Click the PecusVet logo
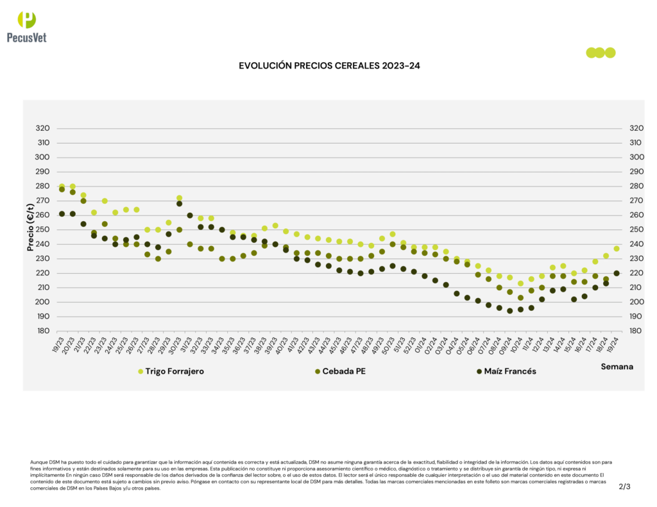click(26, 26)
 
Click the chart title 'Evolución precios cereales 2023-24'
click(328, 65)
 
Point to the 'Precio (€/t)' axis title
click(30, 229)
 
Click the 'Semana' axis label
click(617, 367)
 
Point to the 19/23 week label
click(57, 344)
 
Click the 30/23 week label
click(175, 344)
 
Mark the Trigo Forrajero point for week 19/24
click(617, 249)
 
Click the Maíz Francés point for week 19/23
click(62, 213)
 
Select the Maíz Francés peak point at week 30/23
click(180, 204)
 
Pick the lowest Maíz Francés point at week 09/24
click(510, 311)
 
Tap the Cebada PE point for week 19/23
click(62, 189)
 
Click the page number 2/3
click(625, 486)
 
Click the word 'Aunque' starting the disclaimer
click(38, 462)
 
